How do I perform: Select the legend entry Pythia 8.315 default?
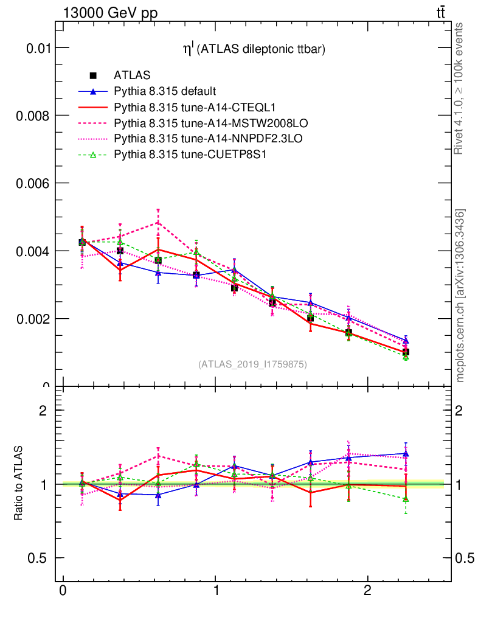(164, 92)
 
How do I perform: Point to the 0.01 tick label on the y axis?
(38, 47)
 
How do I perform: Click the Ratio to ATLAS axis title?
(19, 484)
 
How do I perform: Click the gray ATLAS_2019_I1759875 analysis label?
(252, 364)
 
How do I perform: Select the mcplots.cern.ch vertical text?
(460, 296)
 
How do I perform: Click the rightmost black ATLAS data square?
(406, 352)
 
